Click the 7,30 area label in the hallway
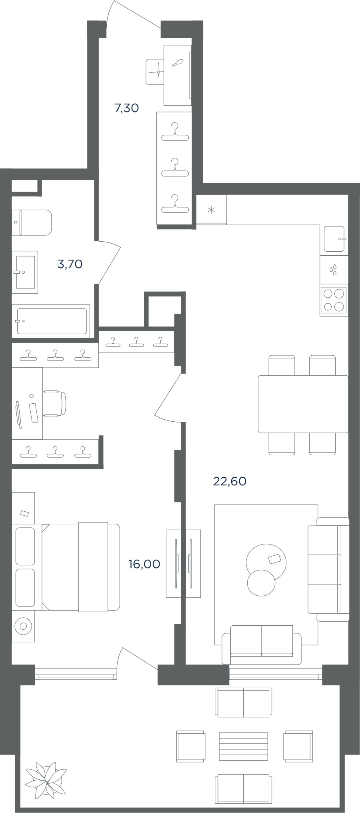click(x=127, y=108)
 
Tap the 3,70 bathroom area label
click(x=70, y=264)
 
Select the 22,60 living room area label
click(x=230, y=481)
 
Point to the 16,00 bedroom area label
click(x=144, y=564)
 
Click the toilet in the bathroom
click(x=32, y=222)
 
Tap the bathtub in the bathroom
click(x=51, y=321)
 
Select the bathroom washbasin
click(x=25, y=272)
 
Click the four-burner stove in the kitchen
click(x=334, y=300)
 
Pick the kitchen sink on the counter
click(x=334, y=239)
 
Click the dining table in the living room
click(x=303, y=404)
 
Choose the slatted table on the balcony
click(x=243, y=746)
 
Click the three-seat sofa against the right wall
click(x=328, y=569)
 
